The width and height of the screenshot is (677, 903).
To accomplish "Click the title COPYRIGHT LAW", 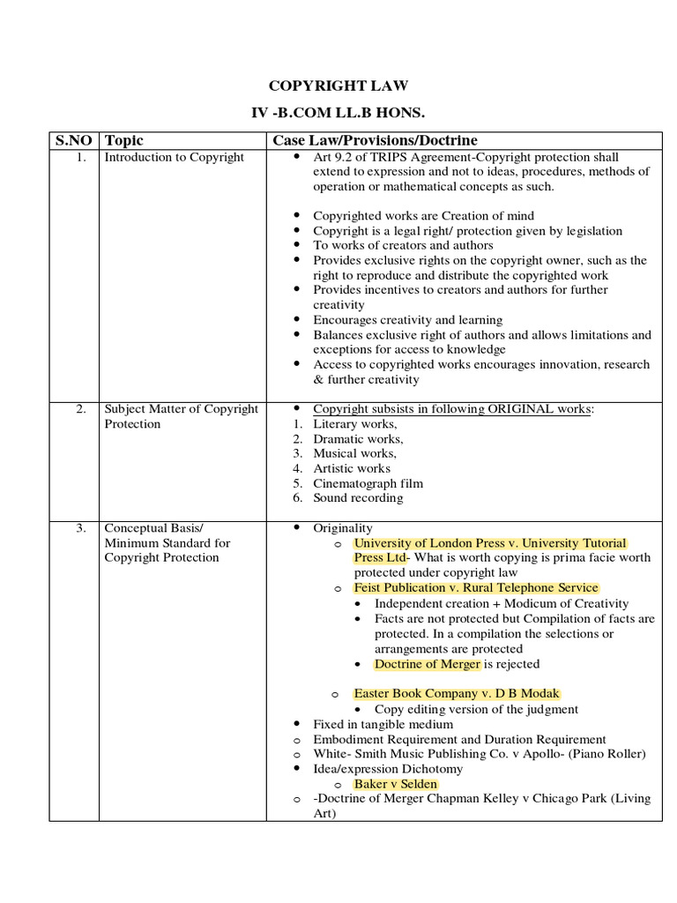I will pos(338,86).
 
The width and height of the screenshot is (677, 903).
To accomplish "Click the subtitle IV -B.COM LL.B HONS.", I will pos(338,115).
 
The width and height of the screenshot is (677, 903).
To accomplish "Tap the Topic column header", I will pos(123,140).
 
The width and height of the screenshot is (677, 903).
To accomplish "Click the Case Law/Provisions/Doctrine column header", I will pos(375,140).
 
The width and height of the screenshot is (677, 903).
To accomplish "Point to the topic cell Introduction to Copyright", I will pos(174,157).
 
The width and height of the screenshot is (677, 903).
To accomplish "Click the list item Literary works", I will pos(355,424).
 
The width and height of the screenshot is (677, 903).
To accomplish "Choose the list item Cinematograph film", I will pos(368,483).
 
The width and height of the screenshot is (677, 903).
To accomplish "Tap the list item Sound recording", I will pos(358,498).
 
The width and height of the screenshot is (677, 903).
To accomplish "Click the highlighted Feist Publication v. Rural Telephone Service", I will pos(476,588).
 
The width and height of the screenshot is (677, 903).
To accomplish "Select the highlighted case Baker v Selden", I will pos(396,784).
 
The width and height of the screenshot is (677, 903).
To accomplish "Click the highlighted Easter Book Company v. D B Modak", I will pos(457,694).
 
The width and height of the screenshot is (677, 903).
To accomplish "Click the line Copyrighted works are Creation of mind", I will pos(423,216).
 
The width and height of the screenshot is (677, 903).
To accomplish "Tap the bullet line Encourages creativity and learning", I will pos(407,320).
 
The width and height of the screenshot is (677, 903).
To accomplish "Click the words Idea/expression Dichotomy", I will pos(388,769).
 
